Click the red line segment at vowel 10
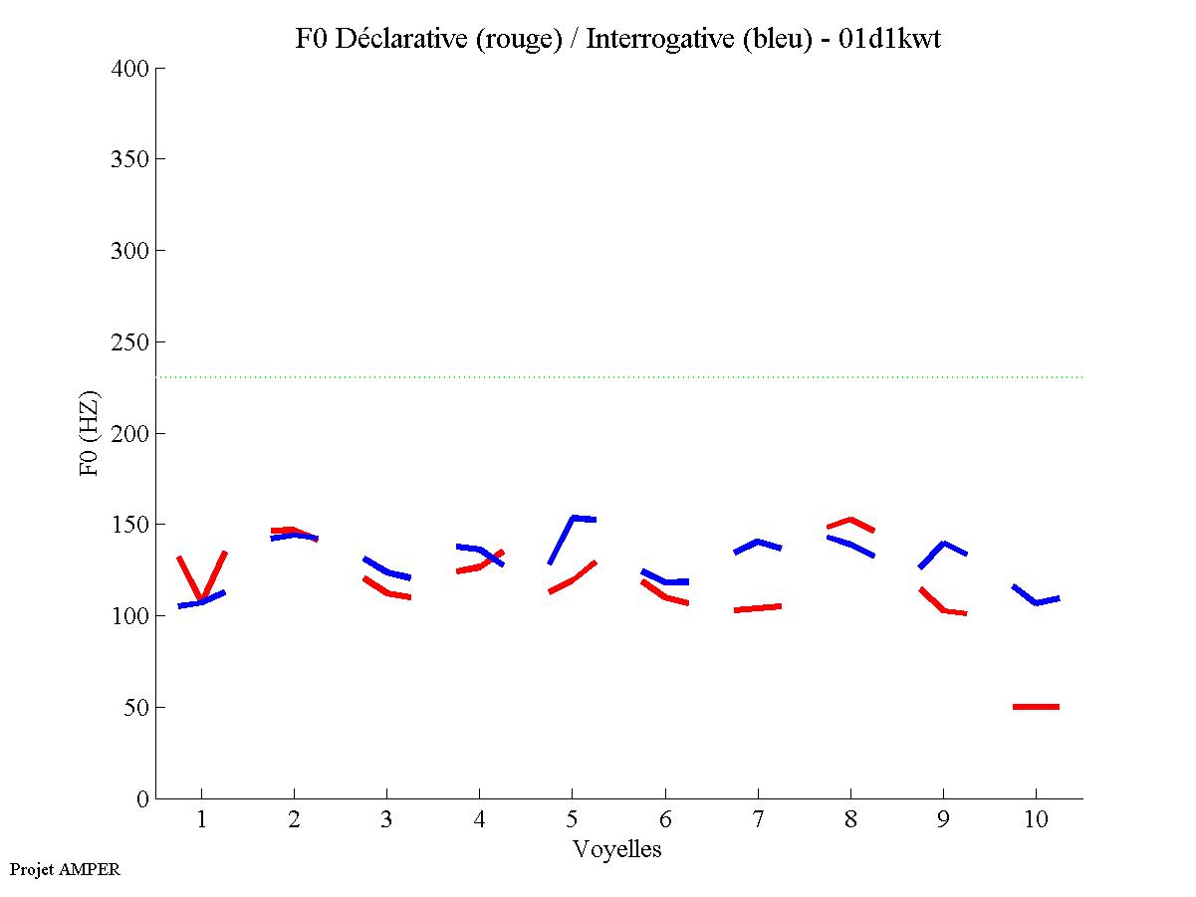click(x=1036, y=707)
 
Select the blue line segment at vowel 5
click(x=574, y=519)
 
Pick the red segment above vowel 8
click(x=850, y=520)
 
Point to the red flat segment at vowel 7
click(x=758, y=607)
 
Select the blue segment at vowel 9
click(x=942, y=544)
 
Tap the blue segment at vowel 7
click(x=758, y=542)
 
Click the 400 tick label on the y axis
click(x=129, y=69)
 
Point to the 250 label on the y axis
click(x=129, y=342)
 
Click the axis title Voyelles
click(x=617, y=849)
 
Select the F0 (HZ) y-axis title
click(x=90, y=433)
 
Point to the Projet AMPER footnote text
click(x=65, y=869)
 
